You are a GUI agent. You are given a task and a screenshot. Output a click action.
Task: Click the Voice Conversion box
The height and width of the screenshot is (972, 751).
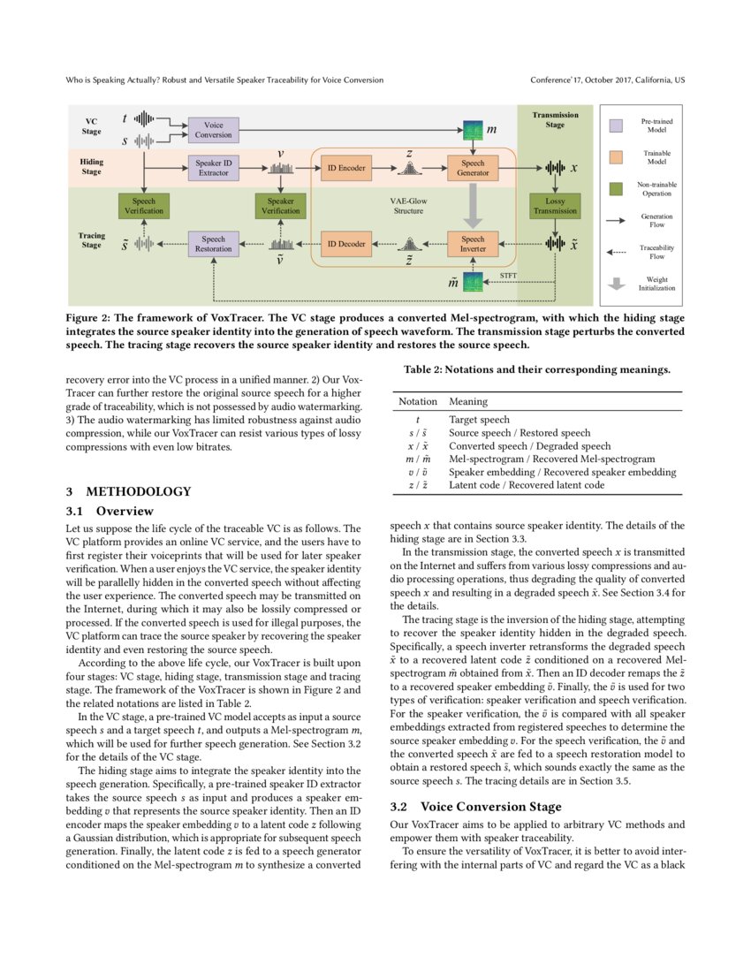pos(214,130)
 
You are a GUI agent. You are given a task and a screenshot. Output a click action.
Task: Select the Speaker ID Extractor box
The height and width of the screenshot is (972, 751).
pos(214,167)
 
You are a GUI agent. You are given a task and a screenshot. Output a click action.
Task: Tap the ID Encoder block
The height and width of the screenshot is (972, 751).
pos(347,167)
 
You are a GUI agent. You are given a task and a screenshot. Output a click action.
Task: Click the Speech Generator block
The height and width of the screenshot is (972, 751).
pos(473,168)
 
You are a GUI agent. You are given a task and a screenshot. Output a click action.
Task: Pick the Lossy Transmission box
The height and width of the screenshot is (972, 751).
pos(555,206)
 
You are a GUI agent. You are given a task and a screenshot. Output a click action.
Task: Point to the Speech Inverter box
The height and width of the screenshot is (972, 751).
pos(473,243)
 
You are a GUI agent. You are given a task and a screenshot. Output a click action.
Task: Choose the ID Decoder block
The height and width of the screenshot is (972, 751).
pos(347,243)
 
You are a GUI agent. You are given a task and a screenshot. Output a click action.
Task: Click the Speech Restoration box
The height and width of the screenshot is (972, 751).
pos(214,243)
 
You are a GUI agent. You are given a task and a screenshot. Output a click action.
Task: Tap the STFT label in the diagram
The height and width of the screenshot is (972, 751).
pos(508,276)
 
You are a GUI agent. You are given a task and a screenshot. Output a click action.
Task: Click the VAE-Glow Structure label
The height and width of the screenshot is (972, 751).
pos(408,206)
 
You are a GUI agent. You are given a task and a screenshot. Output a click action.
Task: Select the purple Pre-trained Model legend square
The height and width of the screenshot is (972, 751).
pos(618,125)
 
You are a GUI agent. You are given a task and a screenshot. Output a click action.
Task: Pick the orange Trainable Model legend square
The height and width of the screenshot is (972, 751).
pos(618,157)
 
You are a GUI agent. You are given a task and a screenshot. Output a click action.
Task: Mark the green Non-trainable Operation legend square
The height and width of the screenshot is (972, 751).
pos(618,188)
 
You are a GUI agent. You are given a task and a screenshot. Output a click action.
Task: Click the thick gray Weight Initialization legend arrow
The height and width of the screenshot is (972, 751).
pos(618,284)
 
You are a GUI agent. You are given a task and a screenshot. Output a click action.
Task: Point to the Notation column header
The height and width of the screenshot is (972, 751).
pos(417,401)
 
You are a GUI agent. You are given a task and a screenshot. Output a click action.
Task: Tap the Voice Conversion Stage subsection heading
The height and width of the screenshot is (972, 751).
pos(490,806)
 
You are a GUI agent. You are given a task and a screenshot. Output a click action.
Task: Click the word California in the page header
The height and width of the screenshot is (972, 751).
pos(646,80)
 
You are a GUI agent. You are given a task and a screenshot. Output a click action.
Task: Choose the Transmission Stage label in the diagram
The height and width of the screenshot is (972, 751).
pos(555,119)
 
